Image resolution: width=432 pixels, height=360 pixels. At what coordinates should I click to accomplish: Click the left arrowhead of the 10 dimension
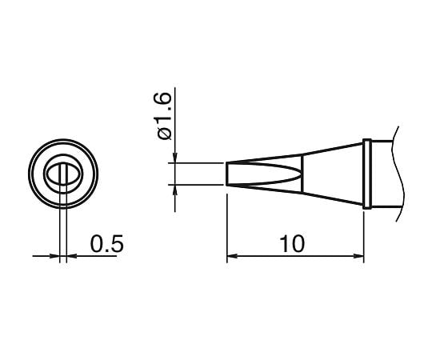(x=232, y=257)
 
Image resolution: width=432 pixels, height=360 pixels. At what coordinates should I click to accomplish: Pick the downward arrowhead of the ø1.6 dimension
(x=174, y=157)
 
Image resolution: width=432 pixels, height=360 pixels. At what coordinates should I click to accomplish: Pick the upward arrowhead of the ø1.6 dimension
(x=174, y=190)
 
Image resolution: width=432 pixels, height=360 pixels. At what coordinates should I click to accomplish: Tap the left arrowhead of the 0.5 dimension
(x=55, y=257)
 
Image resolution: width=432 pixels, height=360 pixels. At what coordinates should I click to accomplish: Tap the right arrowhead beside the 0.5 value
(x=69, y=257)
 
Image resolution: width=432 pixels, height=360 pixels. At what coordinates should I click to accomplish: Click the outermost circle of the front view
(x=32, y=174)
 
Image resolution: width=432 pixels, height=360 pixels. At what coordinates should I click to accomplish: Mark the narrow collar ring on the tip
(x=366, y=174)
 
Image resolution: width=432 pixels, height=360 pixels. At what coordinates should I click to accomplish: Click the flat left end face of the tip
(x=228, y=174)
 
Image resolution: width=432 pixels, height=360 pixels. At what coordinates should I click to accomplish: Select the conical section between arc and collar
(x=332, y=174)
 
